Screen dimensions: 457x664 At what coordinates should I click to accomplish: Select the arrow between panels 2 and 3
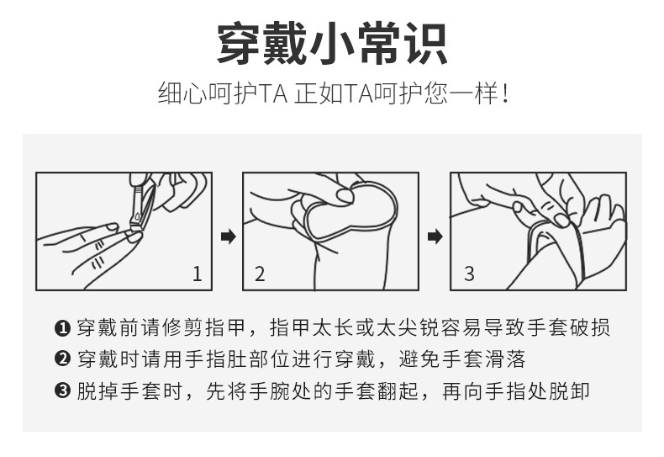[x=435, y=236]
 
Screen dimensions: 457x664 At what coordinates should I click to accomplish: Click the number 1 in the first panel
[x=197, y=274]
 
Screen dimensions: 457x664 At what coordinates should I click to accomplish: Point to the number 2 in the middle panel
[x=260, y=274]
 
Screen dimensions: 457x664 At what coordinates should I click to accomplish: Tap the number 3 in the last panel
[x=469, y=274]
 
